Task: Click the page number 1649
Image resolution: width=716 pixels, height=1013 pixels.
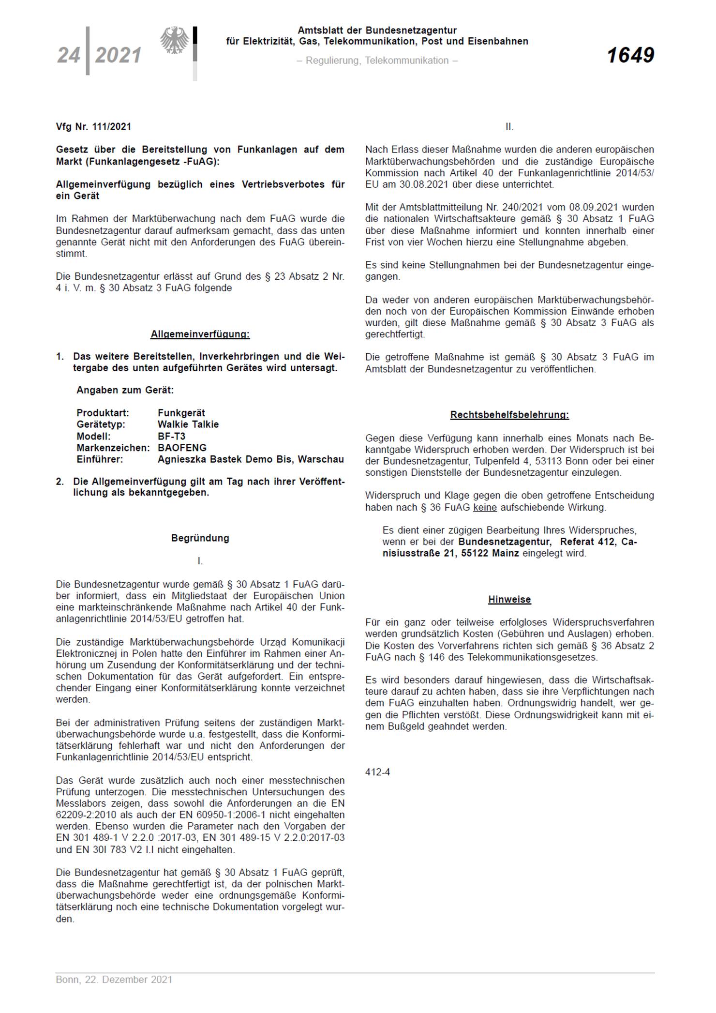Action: point(630,55)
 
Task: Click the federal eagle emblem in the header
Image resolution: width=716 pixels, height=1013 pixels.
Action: point(175,41)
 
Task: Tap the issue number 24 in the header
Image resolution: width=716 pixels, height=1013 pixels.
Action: point(69,55)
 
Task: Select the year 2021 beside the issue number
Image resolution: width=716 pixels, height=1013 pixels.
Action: point(119,55)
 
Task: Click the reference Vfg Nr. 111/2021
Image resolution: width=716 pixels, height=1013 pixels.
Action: point(93,127)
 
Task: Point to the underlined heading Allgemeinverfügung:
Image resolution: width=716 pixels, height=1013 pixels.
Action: point(200,334)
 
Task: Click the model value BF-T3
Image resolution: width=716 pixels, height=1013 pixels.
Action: point(171,436)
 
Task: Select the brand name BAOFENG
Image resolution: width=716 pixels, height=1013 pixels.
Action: point(182,448)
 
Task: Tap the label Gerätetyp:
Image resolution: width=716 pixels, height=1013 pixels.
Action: point(101,424)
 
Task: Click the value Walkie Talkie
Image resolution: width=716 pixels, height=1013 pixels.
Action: point(188,424)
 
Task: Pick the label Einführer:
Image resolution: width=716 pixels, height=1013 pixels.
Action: point(100,459)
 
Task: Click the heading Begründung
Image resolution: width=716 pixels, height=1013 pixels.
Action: point(200,538)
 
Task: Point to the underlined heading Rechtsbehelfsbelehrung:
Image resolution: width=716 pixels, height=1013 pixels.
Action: point(509,415)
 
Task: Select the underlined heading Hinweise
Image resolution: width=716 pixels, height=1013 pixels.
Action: point(509,600)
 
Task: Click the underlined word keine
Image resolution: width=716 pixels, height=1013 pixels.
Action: point(485,507)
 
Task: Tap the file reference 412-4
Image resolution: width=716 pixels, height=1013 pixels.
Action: point(377,772)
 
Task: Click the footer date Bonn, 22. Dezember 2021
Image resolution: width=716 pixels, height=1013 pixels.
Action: point(114,980)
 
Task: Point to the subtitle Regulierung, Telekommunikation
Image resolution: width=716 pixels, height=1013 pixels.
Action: point(377,60)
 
